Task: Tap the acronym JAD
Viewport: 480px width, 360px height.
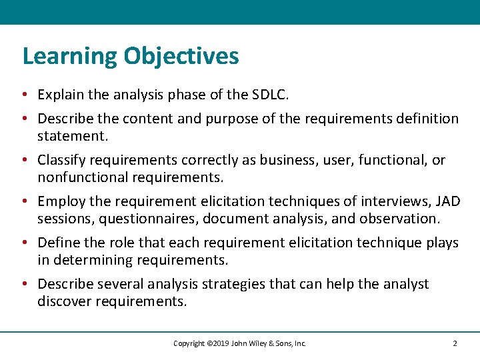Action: click(445, 201)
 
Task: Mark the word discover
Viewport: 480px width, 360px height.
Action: click(65, 301)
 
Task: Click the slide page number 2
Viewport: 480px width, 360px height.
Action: click(455, 343)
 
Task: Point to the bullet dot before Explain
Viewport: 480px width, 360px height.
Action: click(25, 95)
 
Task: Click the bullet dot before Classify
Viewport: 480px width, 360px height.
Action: click(25, 161)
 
